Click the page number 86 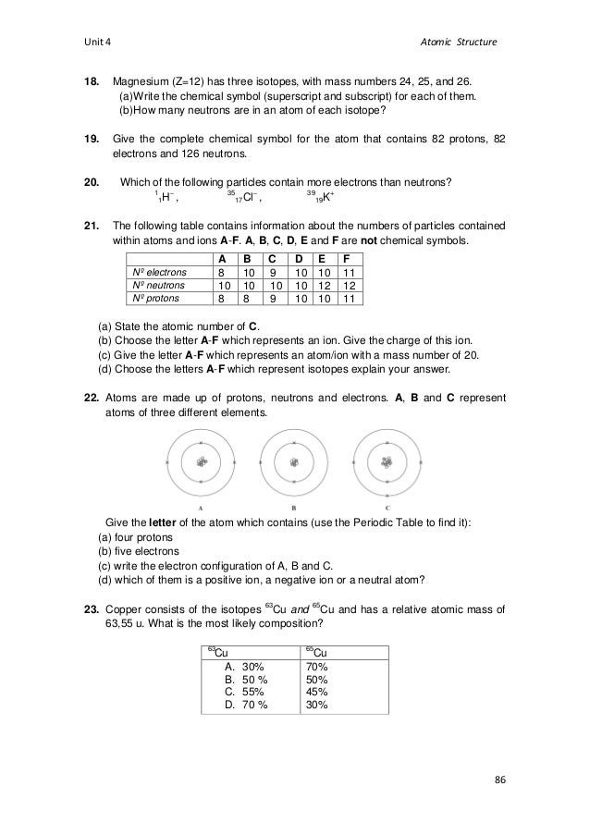click(500, 781)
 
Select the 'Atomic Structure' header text click(461, 43)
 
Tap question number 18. click(92, 81)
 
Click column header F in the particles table click(345, 258)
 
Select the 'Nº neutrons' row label click(157, 286)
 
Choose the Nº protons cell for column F click(347, 300)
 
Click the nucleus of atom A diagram click(201, 460)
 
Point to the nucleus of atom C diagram click(387, 460)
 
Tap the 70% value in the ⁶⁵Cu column click(316, 666)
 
